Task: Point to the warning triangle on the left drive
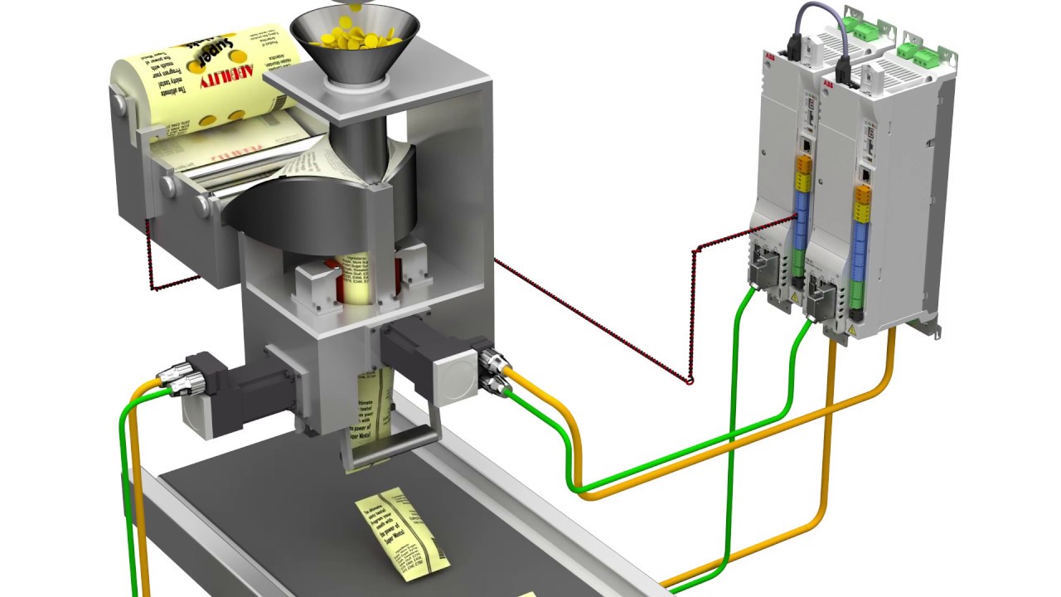pos(795,297)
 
